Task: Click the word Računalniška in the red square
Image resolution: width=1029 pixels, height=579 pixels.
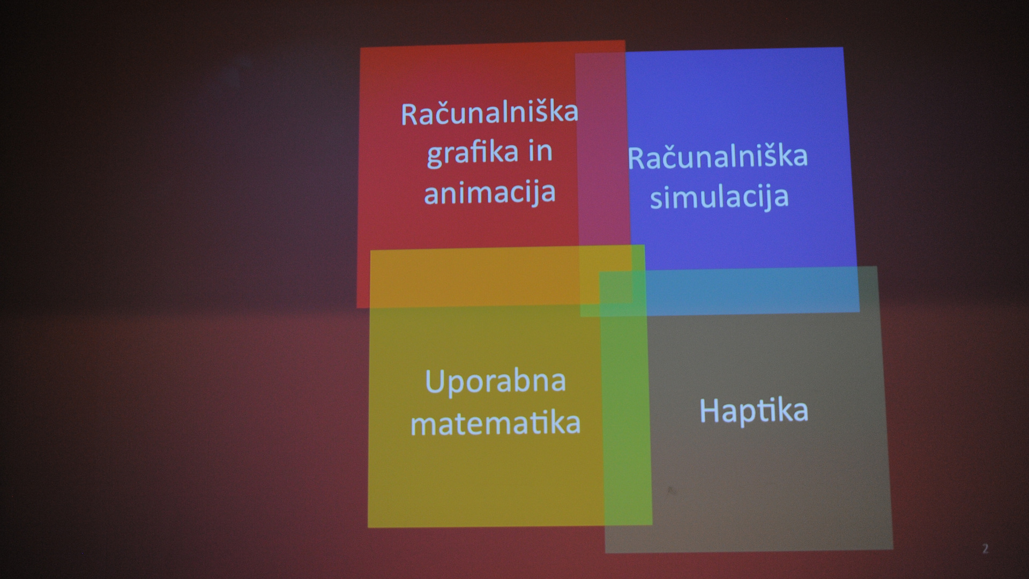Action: pos(490,113)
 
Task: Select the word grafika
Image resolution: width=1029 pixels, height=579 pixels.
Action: pos(466,153)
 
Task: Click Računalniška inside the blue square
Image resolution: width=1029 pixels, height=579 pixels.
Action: pos(718,156)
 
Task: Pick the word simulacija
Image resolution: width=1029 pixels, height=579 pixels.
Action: pos(719,196)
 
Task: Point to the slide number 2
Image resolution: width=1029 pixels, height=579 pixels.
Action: pos(985,548)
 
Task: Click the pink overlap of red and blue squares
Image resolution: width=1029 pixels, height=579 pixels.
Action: pos(603,150)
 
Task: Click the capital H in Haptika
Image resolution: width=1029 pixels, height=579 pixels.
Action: pos(710,410)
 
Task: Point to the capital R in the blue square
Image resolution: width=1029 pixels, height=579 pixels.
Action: pos(637,157)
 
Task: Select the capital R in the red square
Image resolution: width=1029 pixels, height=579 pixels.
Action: pos(411,114)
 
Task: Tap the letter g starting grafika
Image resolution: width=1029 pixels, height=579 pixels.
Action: pos(435,156)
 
